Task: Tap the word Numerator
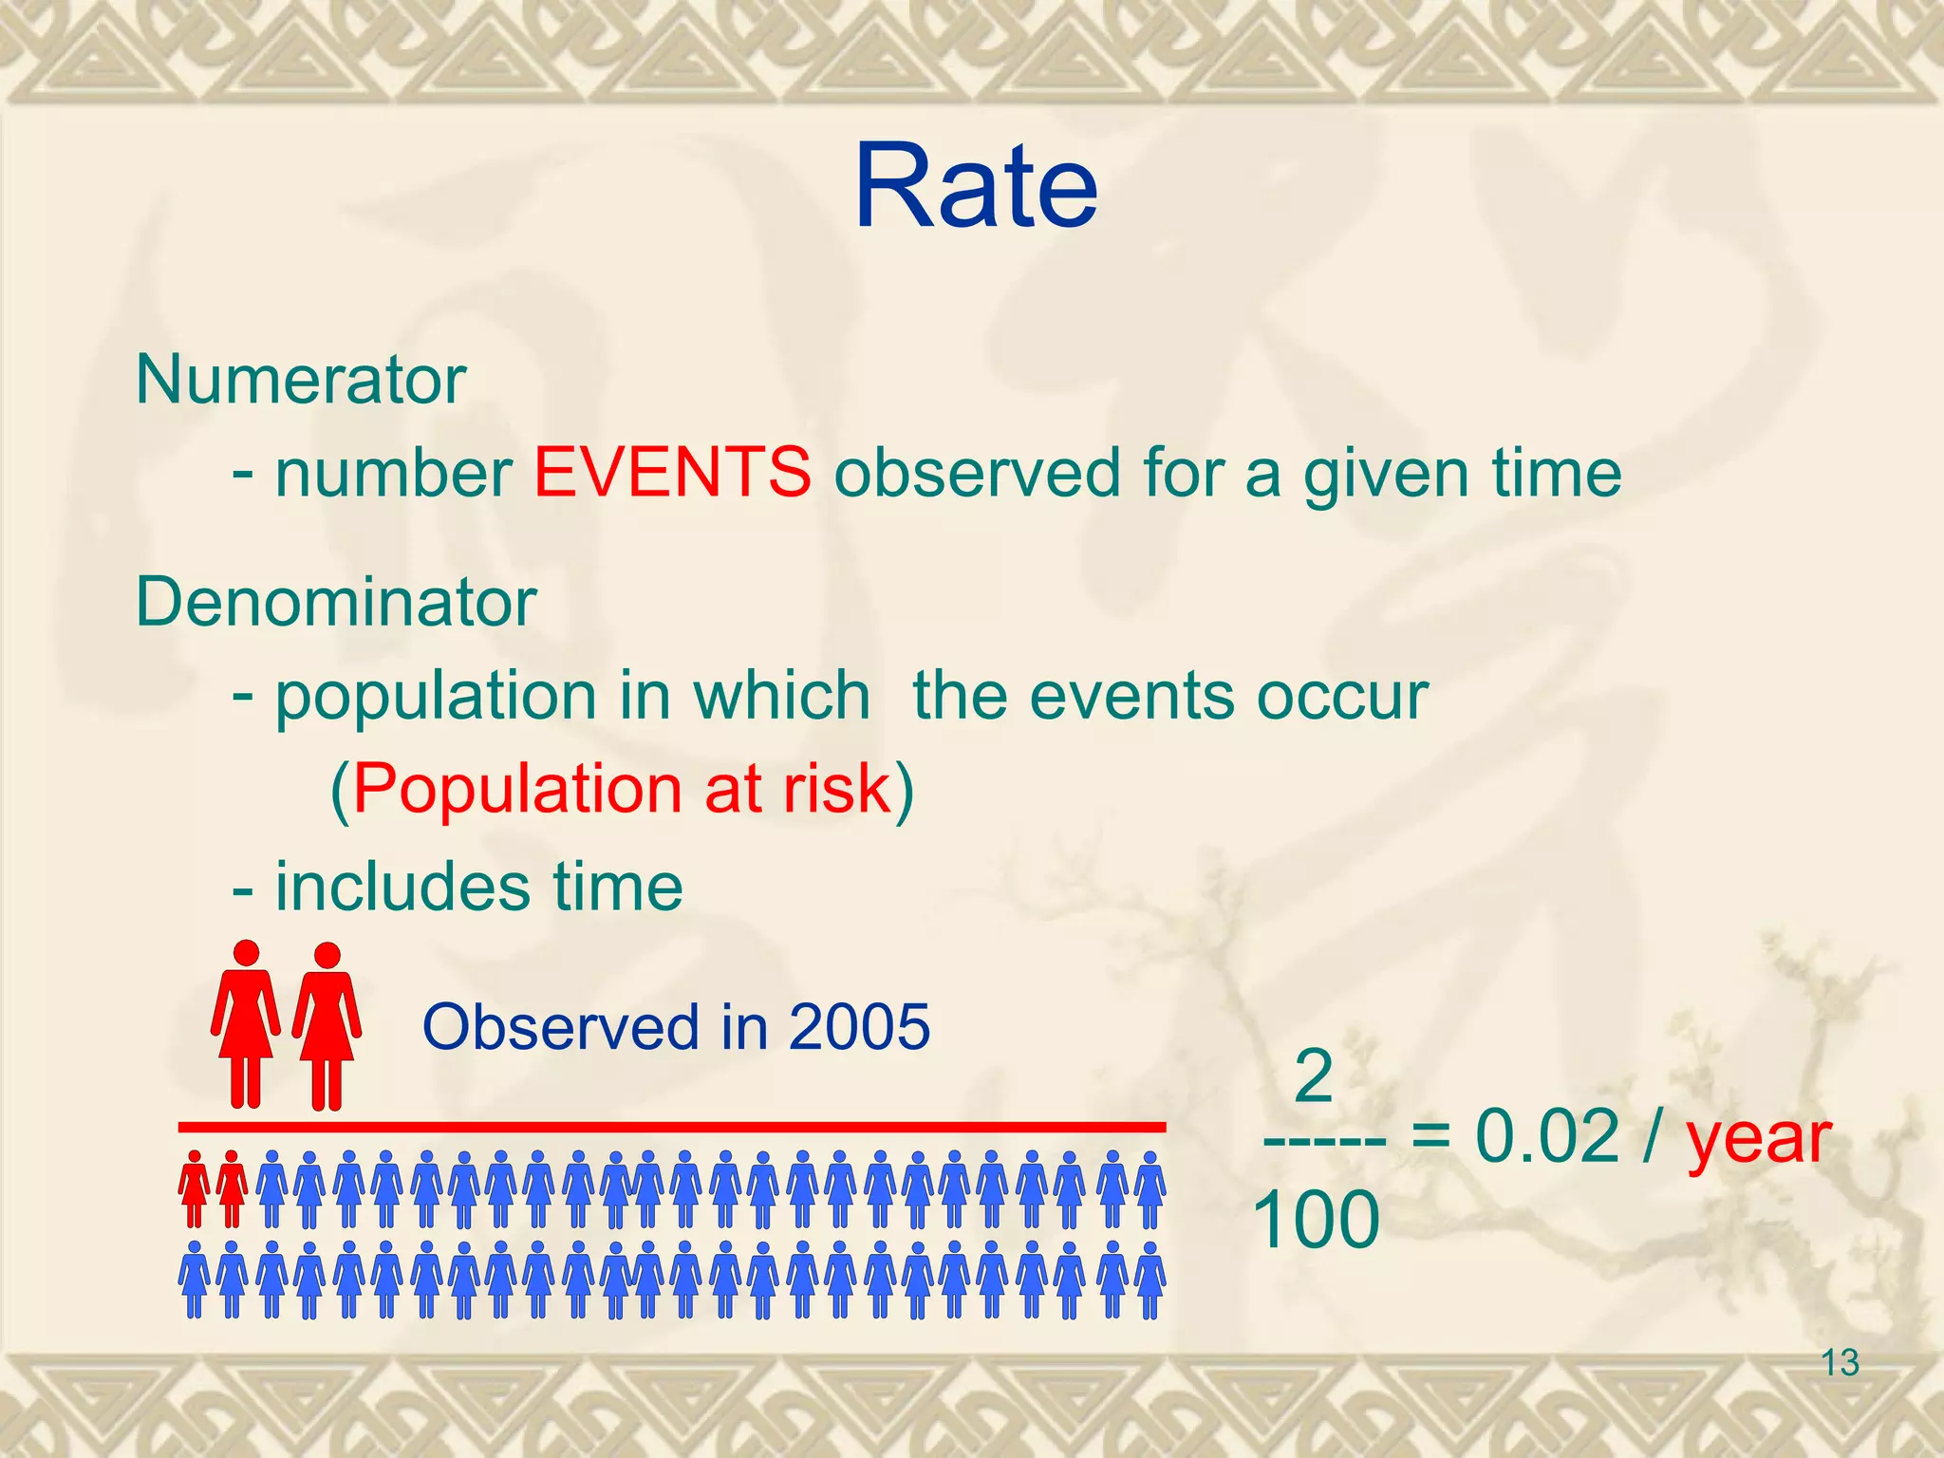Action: coord(301,380)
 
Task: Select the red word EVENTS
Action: coord(672,472)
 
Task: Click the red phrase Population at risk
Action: coord(622,788)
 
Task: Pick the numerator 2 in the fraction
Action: coord(1314,1076)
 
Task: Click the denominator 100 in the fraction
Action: coord(1316,1220)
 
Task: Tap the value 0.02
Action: coord(1546,1136)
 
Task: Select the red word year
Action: coord(1758,1138)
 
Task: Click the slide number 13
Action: coord(1840,1363)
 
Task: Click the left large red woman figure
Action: coord(246,1025)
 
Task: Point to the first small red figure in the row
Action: coord(194,1189)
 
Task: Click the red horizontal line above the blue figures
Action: coord(671,1127)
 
